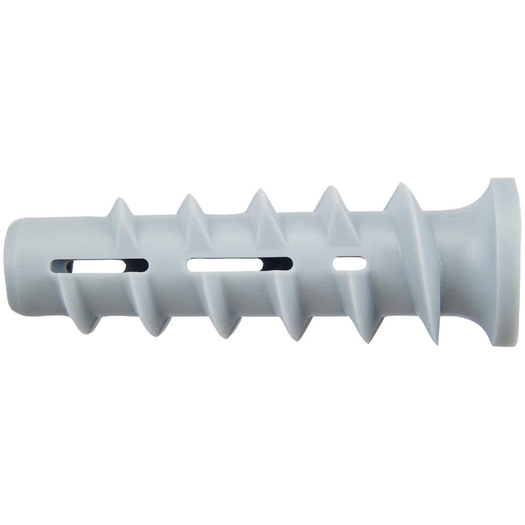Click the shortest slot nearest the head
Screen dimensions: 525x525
(x=350, y=264)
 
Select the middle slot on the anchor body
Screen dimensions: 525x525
(x=239, y=264)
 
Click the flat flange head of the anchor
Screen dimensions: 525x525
(x=506, y=262)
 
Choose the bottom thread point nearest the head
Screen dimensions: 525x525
(x=436, y=344)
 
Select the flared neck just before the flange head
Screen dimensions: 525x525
(x=465, y=262)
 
